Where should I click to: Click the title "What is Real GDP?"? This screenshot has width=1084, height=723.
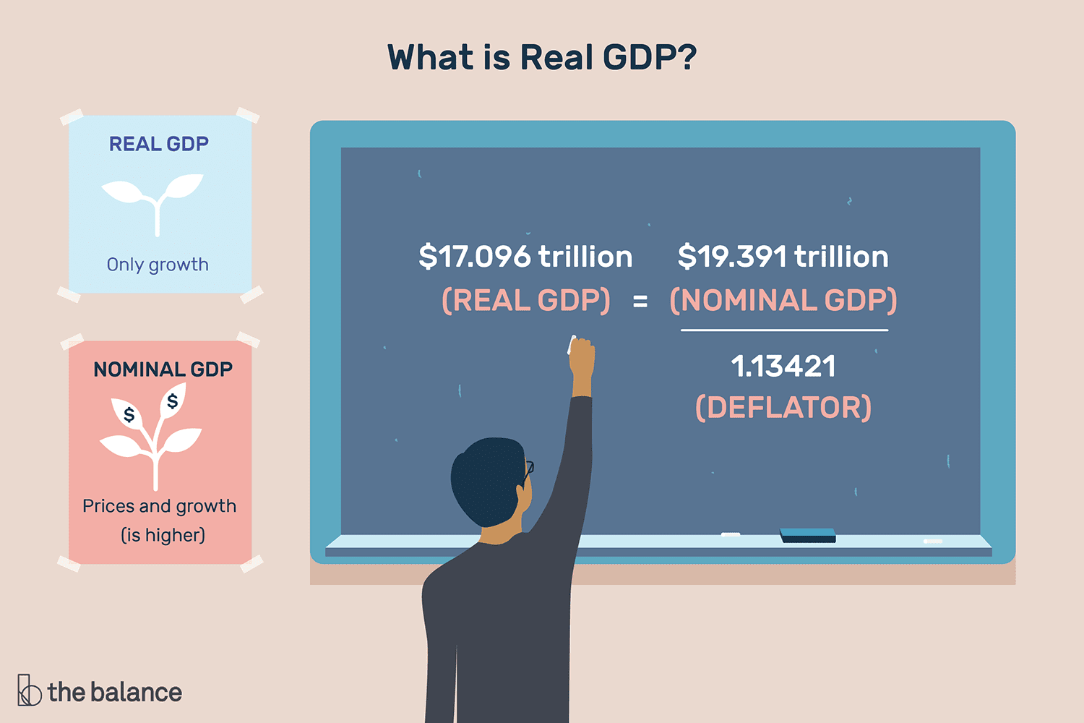541,57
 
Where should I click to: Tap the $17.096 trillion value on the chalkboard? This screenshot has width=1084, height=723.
525,257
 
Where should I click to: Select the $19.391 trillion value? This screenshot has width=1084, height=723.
783,257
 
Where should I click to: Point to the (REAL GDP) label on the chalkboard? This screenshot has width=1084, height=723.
526,300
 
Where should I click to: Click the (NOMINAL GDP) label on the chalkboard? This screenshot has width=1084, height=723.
783,300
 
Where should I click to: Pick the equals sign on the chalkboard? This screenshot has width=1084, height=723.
640,301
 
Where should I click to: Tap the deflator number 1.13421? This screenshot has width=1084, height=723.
783,366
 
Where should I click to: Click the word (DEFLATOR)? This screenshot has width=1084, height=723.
783,407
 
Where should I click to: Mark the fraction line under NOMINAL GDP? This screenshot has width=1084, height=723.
784,330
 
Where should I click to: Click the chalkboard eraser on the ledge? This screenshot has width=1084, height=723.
807,535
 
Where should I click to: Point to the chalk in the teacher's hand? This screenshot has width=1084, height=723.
572,345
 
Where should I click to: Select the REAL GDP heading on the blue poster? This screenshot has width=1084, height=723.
159,144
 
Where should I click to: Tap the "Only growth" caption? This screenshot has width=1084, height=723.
158,265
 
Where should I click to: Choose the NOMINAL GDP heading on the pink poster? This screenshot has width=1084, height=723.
163,369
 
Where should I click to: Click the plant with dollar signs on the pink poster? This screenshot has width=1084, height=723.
152,434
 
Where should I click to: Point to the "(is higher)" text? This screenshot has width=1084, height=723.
163,535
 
